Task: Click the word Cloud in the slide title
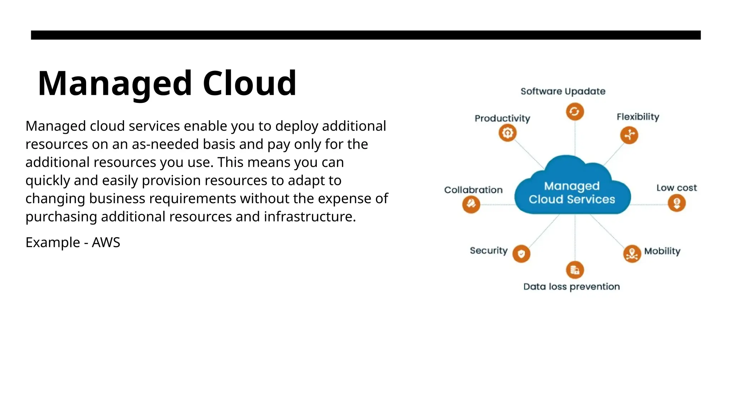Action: [x=249, y=83]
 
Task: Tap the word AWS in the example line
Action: [x=106, y=242]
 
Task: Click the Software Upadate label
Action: [x=563, y=92]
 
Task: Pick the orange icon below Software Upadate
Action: [x=575, y=112]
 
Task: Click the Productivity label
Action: [x=502, y=118]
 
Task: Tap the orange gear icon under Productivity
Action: [x=508, y=133]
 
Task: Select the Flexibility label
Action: [x=638, y=117]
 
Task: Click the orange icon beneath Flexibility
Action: [x=629, y=135]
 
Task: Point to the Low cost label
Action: [x=676, y=188]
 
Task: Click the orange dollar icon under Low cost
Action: [x=677, y=203]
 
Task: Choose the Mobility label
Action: [x=662, y=251]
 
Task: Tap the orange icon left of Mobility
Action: [x=632, y=254]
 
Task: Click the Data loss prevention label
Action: [x=572, y=287]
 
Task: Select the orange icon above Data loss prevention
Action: [x=575, y=270]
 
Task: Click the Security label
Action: [x=489, y=251]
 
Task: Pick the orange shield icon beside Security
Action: [x=521, y=254]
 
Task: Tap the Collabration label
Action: [x=473, y=190]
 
